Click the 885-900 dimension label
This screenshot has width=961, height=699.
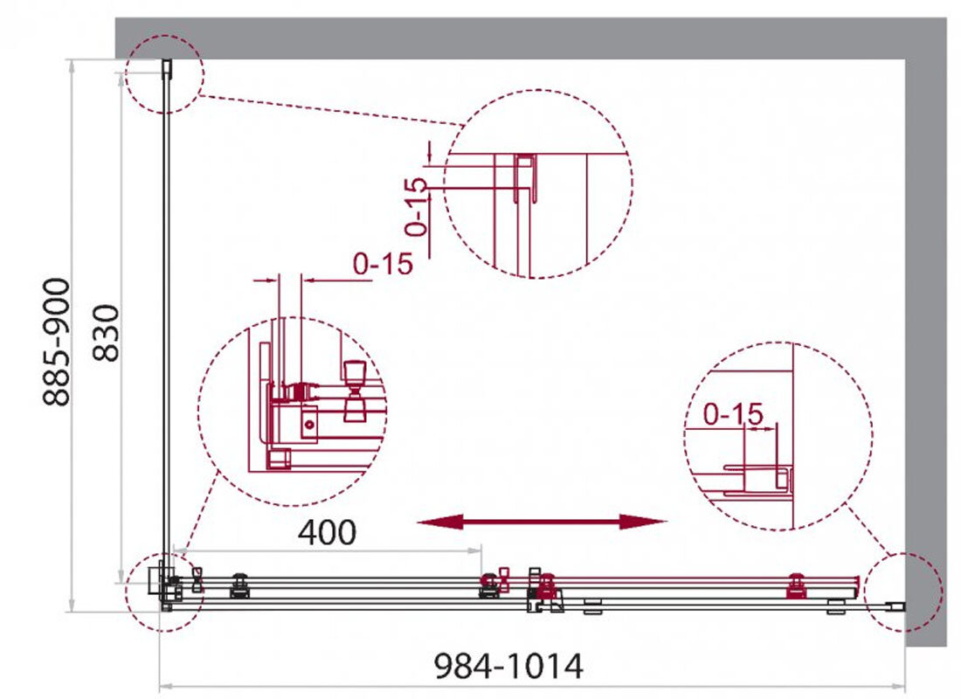tap(57, 342)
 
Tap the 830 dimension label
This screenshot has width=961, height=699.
tap(106, 333)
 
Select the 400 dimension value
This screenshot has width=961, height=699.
tap(327, 532)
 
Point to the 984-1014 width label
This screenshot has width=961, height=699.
tap(508, 666)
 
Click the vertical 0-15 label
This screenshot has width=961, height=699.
tap(416, 206)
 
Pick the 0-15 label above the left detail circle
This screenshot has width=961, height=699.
tap(383, 264)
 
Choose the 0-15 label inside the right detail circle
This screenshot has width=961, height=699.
tap(733, 414)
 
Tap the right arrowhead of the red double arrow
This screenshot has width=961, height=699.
tap(644, 522)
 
